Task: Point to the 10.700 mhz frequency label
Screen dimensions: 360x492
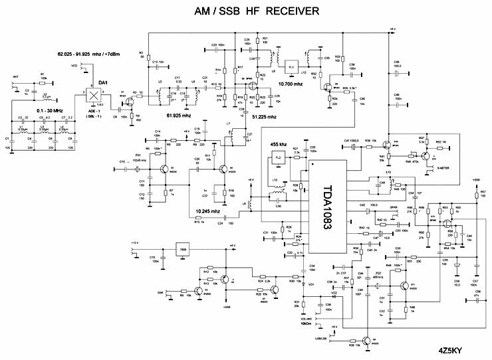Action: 291,85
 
